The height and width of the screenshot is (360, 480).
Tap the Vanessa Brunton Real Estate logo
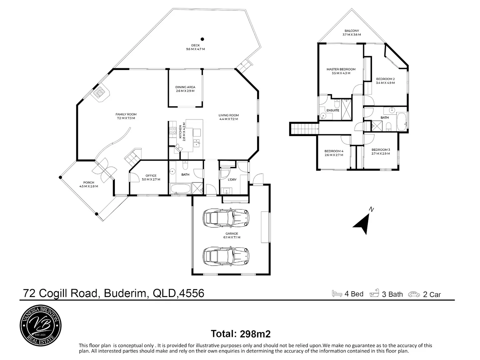coord(41,325)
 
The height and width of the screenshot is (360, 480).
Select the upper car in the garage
coord(226,218)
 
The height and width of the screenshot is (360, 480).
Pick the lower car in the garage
coord(226,256)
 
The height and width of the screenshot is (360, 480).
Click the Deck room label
coord(195,47)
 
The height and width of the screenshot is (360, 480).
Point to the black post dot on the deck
coord(202,39)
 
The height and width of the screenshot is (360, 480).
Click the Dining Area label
coord(185,89)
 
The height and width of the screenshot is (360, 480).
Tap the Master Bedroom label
coord(341,71)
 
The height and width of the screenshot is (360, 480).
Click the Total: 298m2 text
coord(240,334)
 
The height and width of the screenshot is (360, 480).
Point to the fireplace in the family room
coord(101,93)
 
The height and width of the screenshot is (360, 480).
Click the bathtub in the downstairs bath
coord(181,189)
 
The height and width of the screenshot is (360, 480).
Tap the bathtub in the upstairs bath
coord(402,121)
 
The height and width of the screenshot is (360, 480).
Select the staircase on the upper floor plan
coord(304,129)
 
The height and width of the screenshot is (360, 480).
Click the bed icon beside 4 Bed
coord(337,293)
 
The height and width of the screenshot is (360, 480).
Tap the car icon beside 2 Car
coord(414,294)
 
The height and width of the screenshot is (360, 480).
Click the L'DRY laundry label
coord(232,180)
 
